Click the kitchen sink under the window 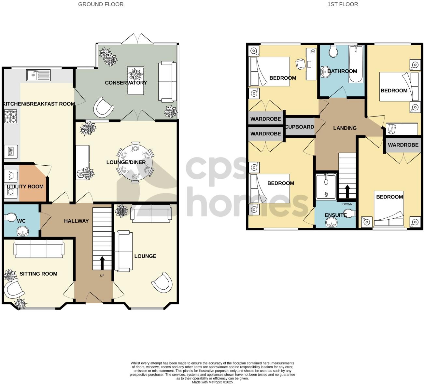click(38, 75)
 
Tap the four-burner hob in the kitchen click(10, 117)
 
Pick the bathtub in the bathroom click(355, 64)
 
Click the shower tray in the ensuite click(326, 186)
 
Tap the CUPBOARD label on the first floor click(300, 127)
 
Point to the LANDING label click(345, 128)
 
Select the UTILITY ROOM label click(25, 186)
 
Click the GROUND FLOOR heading click(101, 4)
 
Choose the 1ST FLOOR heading click(343, 4)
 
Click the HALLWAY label click(76, 221)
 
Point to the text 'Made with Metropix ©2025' click(212, 382)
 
